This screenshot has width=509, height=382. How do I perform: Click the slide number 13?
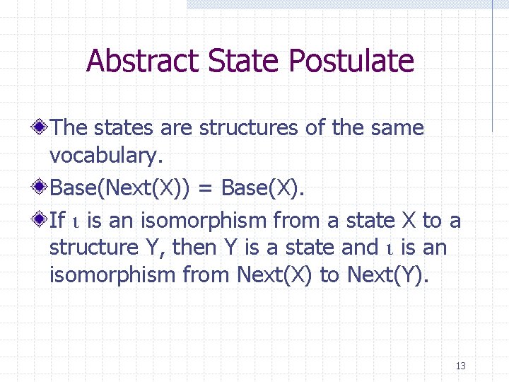(x=461, y=366)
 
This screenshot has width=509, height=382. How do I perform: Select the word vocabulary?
(x=110, y=156)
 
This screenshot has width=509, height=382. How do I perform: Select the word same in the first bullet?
(x=398, y=128)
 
